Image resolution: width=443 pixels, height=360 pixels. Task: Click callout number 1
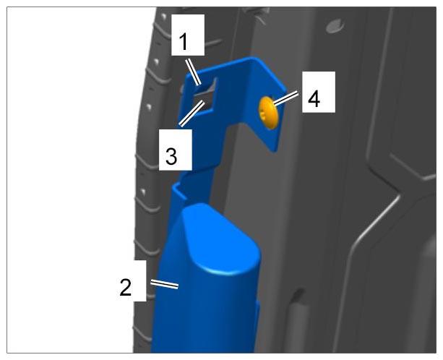184,42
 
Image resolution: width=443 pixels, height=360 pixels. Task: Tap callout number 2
126,288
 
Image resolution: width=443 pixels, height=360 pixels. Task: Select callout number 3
171,157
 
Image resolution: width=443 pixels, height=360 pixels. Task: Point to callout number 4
314,99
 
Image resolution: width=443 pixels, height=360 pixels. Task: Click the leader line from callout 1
193,72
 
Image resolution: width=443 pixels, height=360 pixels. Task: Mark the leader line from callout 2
165,284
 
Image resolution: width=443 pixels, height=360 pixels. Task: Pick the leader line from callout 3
192,113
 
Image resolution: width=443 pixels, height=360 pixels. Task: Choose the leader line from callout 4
285,98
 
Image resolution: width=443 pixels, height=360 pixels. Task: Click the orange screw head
268,113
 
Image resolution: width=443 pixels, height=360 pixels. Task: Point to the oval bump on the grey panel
335,26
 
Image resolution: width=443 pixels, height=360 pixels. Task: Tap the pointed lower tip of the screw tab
273,151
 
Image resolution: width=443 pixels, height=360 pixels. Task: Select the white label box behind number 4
319,92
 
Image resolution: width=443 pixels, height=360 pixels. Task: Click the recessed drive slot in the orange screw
262,115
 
